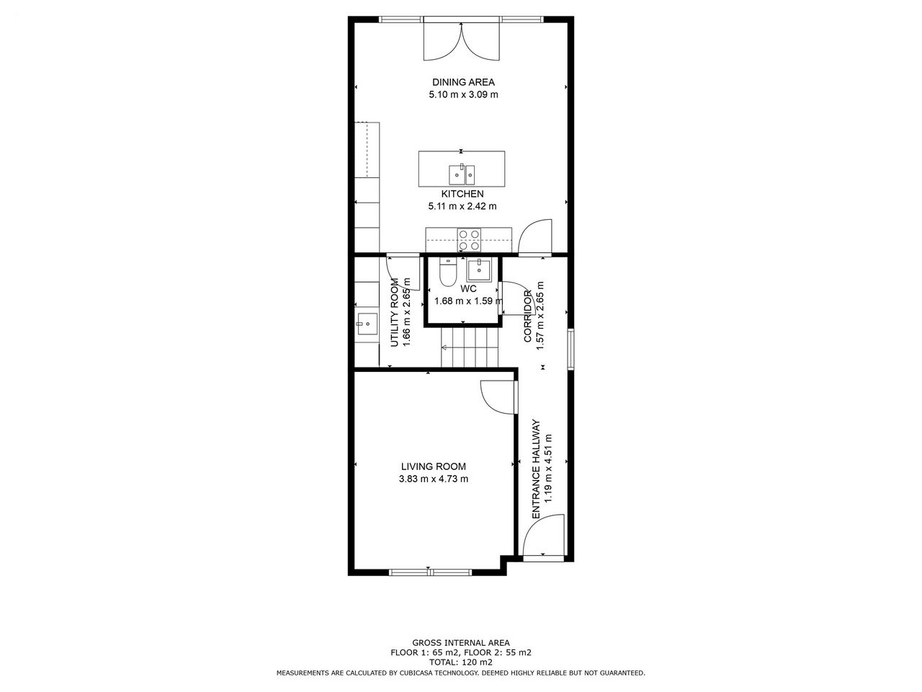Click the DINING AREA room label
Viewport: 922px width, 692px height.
463,82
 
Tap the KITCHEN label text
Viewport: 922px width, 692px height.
462,194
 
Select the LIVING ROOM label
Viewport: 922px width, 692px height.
433,466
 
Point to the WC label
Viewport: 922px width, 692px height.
468,288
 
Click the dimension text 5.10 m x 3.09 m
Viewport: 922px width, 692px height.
463,94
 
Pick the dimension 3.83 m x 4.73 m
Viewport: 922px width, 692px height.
433,479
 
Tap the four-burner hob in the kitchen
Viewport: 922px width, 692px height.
469,240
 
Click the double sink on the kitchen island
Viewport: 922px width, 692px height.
462,174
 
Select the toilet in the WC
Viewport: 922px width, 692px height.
448,272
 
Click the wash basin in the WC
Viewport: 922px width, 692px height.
478,270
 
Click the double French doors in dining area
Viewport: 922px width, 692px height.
462,41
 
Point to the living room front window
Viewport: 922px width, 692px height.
430,572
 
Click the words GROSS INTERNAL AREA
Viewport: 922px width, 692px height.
461,643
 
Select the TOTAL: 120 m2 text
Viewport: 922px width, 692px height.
461,662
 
